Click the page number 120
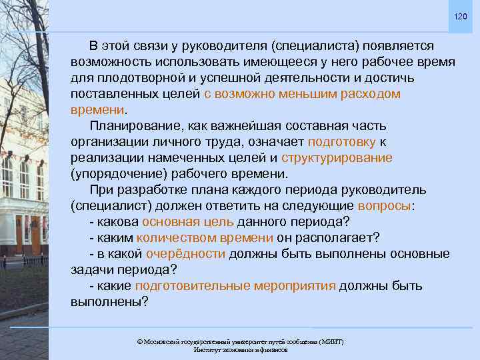461,16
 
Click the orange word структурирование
337,158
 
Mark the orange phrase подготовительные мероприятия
235,286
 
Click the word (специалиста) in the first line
314,46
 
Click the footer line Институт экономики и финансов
240,350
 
